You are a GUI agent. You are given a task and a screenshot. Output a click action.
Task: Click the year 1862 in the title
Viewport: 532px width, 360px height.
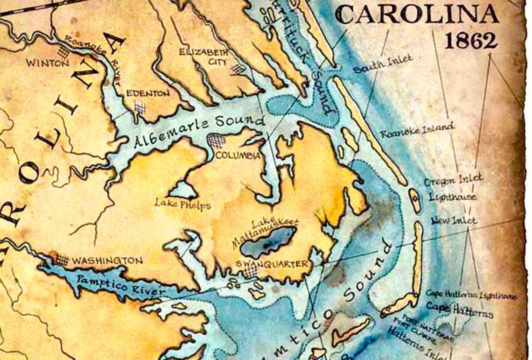pyautogui.click(x=470, y=41)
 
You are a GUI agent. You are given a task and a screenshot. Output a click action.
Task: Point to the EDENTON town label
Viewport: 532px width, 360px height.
pyautogui.click(x=148, y=93)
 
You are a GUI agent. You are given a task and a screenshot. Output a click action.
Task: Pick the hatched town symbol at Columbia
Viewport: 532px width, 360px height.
pyautogui.click(x=217, y=140)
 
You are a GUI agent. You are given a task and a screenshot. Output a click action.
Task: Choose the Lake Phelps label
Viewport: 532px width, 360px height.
pyautogui.click(x=183, y=205)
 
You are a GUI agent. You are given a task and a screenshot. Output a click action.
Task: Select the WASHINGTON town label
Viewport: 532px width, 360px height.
pyautogui.click(x=107, y=261)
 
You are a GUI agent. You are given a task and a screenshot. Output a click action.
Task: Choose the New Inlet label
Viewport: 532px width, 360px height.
pyautogui.click(x=454, y=220)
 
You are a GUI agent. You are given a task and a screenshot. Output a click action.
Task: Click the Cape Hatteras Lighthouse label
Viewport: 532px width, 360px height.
pyautogui.click(x=471, y=295)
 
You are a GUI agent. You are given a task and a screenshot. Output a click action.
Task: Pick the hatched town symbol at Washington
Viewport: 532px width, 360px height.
pyautogui.click(x=61, y=259)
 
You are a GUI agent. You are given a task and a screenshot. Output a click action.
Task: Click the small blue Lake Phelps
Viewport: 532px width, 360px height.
pyautogui.click(x=182, y=190)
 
